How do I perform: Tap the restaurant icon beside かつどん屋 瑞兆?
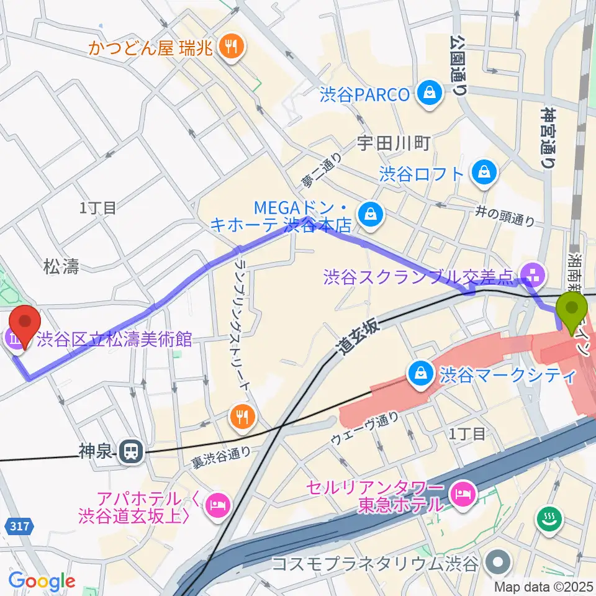[233, 48]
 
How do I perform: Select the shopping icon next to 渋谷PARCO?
[428, 94]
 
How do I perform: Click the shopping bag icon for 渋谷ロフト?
[482, 173]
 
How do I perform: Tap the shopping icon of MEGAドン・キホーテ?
[371, 214]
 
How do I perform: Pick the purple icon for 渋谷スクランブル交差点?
[533, 273]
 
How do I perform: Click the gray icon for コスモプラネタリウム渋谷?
[497, 564]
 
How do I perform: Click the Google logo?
[42, 581]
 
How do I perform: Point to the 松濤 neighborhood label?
[61, 268]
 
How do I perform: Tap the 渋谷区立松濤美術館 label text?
[114, 339]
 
